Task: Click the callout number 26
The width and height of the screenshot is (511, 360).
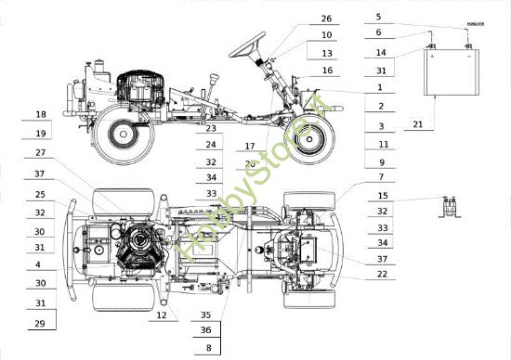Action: point(326,19)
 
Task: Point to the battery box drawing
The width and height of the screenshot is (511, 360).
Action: point(452,71)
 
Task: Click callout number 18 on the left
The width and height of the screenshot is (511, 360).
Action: point(40,114)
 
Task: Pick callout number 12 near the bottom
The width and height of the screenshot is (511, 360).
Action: point(162,315)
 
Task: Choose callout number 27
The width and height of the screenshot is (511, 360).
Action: point(40,153)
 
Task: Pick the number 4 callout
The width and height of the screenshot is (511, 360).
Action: point(40,265)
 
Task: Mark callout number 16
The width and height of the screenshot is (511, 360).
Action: point(326,71)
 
